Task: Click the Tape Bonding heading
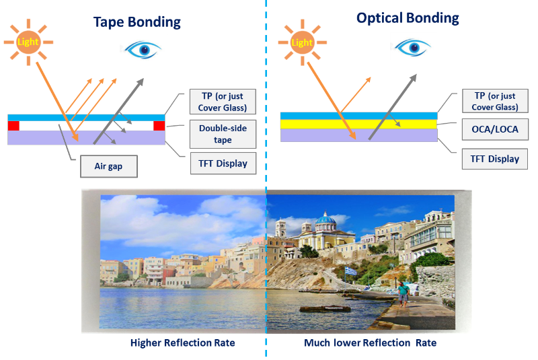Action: [x=137, y=22]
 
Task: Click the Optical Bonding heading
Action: [x=408, y=18]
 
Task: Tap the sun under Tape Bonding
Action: [x=28, y=42]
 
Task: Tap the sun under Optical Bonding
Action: [x=302, y=42]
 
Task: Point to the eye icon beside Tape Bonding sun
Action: [x=143, y=50]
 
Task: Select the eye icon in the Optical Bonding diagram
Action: [x=413, y=47]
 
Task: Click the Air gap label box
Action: [x=109, y=166]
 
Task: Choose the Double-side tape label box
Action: [x=223, y=134]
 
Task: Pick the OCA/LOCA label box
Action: [x=495, y=129]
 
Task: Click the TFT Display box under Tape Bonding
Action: [x=223, y=164]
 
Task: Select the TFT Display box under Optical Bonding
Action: [x=495, y=159]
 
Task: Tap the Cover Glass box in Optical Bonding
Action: [x=495, y=101]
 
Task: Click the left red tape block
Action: [x=13, y=126]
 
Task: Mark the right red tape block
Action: [x=159, y=126]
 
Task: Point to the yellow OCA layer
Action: [x=359, y=124]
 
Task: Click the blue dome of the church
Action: [x=325, y=219]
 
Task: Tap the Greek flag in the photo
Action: [x=350, y=271]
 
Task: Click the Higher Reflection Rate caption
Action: [x=182, y=343]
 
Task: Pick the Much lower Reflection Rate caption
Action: [x=371, y=343]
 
